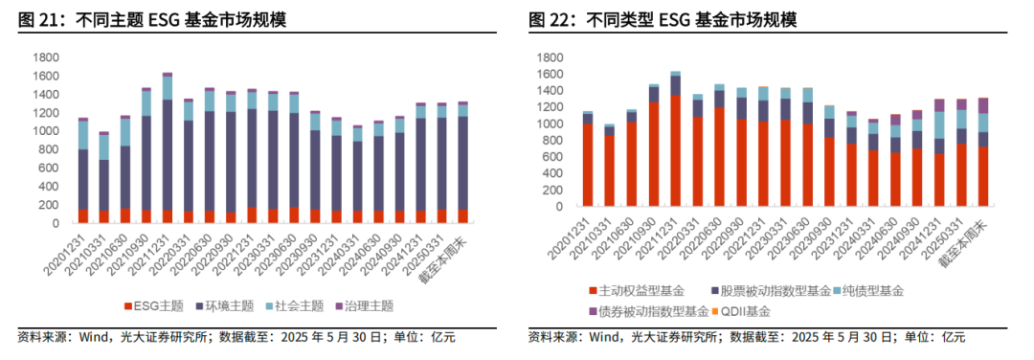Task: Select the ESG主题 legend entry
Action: click(x=153, y=306)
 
